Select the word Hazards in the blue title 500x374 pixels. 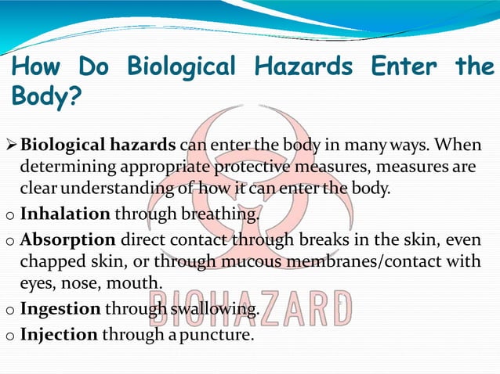303,67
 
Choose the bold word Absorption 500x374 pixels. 68,239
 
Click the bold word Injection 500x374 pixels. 59,335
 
